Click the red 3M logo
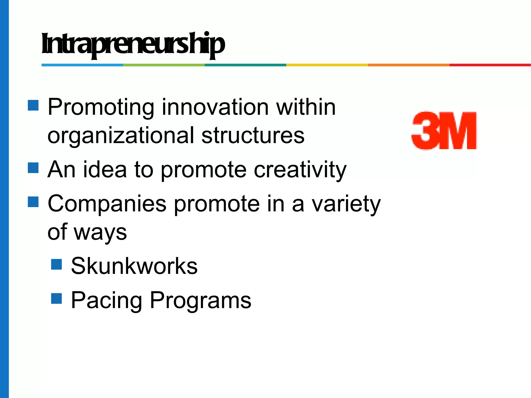pos(444,131)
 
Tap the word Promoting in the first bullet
pos(101,107)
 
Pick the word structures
pos(253,135)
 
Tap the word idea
pos(105,169)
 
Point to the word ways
pos(100,232)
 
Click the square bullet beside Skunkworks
pos(56,264)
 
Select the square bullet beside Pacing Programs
pos(56,298)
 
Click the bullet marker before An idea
pos(33,168)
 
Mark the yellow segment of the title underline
pos(327,65)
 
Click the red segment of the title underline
pos(490,65)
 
